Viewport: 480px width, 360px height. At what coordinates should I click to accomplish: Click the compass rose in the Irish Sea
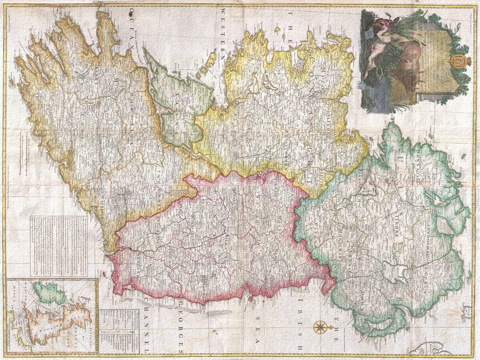pos(320,327)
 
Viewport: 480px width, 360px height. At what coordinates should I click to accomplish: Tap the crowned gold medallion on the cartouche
pos(456,62)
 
